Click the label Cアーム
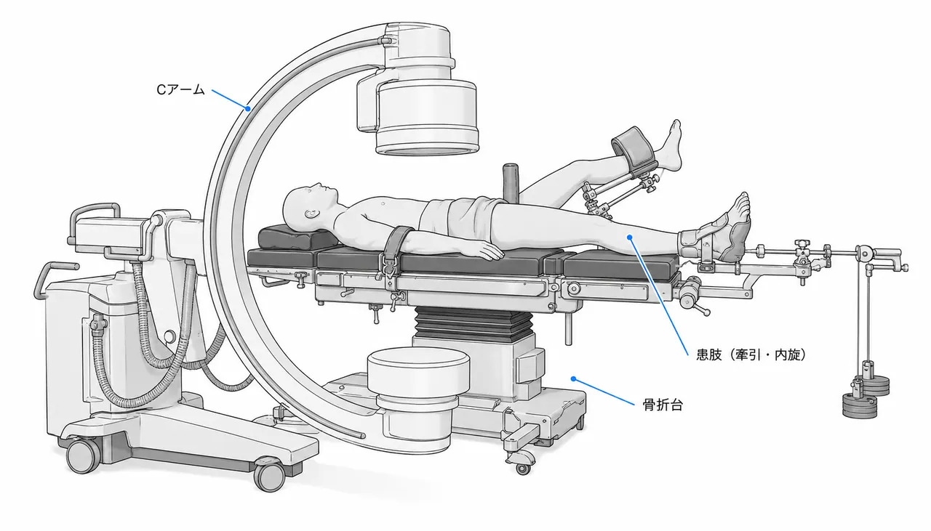180,89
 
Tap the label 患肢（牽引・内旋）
751,355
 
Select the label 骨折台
663,405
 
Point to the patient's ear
311,214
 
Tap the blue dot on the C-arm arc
248,109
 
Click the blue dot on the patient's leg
630,237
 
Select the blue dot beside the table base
573,378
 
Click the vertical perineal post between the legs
511,183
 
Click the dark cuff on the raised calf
634,147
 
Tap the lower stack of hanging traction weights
860,405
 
